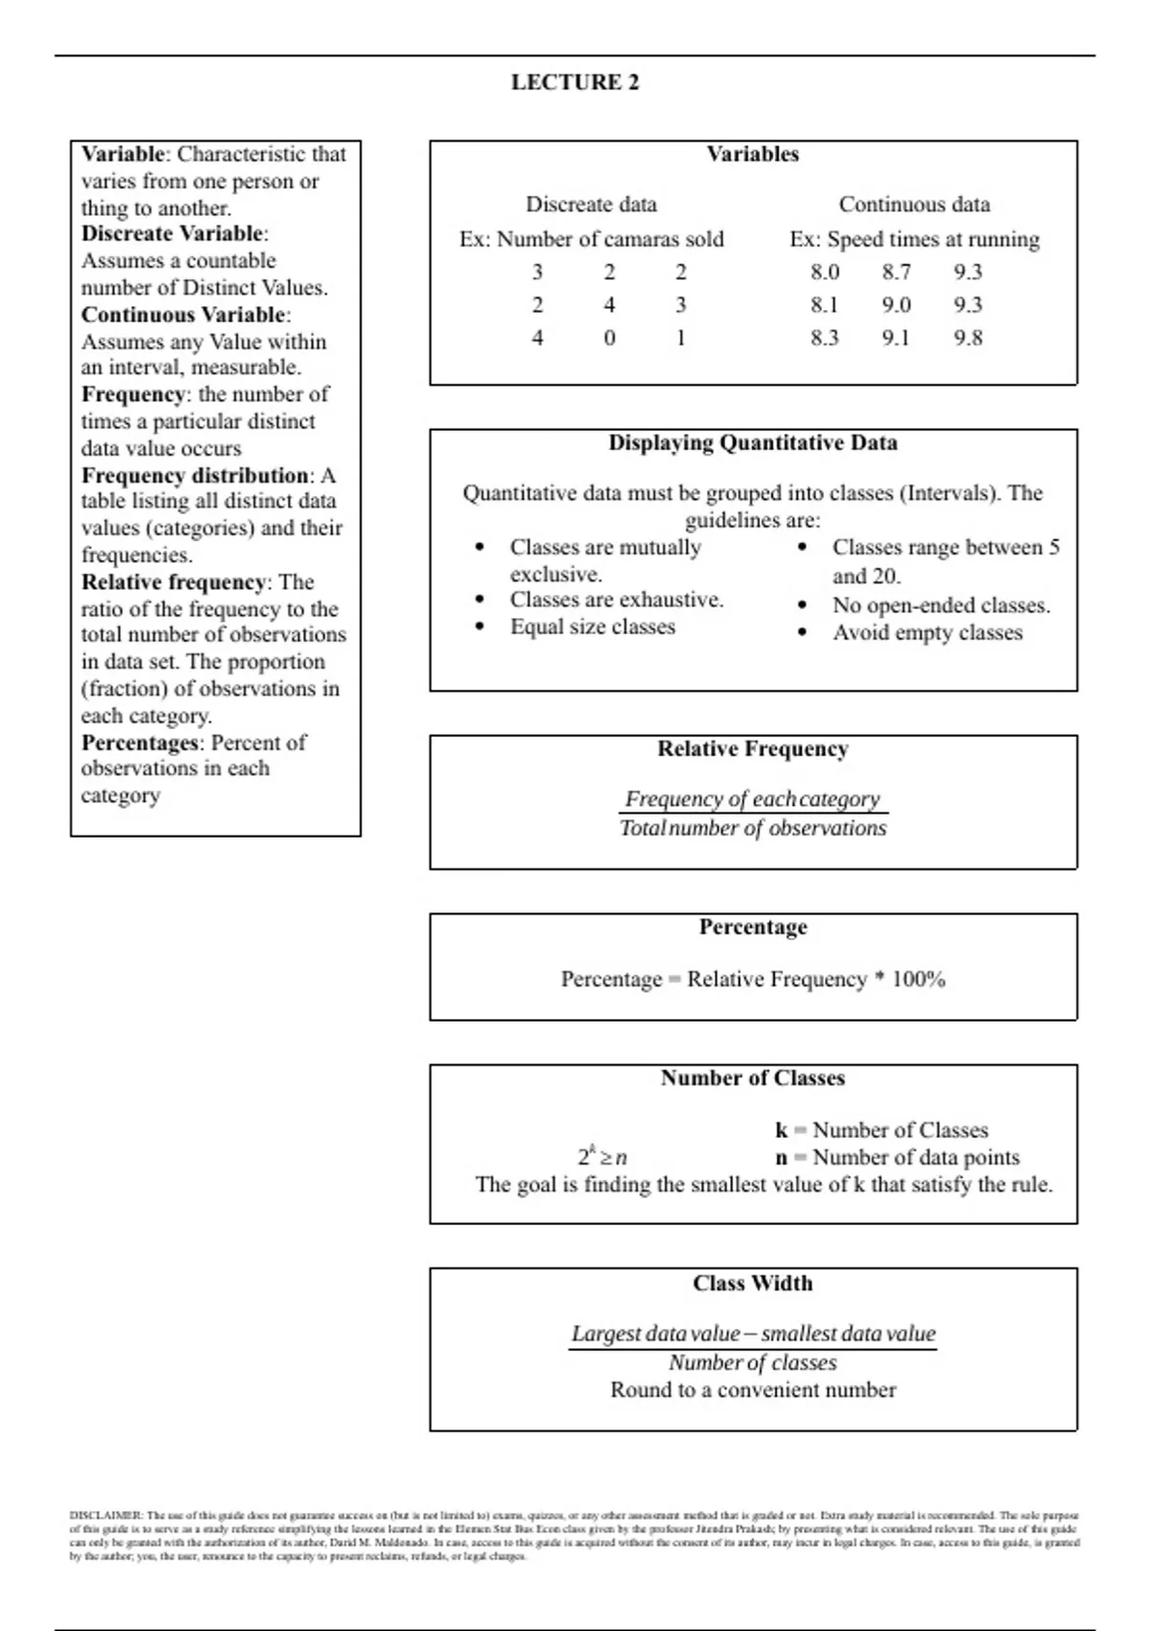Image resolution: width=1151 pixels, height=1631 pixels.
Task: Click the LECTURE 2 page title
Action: (575, 83)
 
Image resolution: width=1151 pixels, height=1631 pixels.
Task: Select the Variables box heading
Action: (753, 154)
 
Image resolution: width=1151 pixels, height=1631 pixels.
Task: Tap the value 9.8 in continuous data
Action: (968, 338)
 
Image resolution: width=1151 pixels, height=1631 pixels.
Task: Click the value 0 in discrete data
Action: (609, 338)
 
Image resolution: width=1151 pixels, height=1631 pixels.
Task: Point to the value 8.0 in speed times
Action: (825, 272)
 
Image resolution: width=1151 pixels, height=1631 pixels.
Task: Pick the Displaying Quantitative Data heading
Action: (753, 443)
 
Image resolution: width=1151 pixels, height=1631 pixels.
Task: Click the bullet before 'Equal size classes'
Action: (480, 627)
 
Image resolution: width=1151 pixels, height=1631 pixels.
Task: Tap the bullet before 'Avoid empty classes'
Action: (803, 633)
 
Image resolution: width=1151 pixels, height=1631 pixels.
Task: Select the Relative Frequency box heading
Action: (753, 749)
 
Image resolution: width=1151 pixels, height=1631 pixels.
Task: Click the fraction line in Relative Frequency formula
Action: (753, 814)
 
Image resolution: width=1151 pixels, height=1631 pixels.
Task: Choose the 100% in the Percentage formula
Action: (918, 980)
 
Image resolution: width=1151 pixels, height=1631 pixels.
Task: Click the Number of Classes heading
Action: (753, 1078)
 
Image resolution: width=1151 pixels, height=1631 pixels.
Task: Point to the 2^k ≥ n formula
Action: (602, 1156)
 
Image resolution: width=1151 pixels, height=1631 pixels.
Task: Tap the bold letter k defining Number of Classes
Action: (782, 1130)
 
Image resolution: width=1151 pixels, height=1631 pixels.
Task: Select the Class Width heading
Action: (753, 1284)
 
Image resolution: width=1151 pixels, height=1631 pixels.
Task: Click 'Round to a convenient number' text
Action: (753, 1390)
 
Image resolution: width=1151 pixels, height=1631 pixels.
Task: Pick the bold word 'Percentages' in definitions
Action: (141, 743)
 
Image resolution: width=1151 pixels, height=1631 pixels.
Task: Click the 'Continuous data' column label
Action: (914, 204)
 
